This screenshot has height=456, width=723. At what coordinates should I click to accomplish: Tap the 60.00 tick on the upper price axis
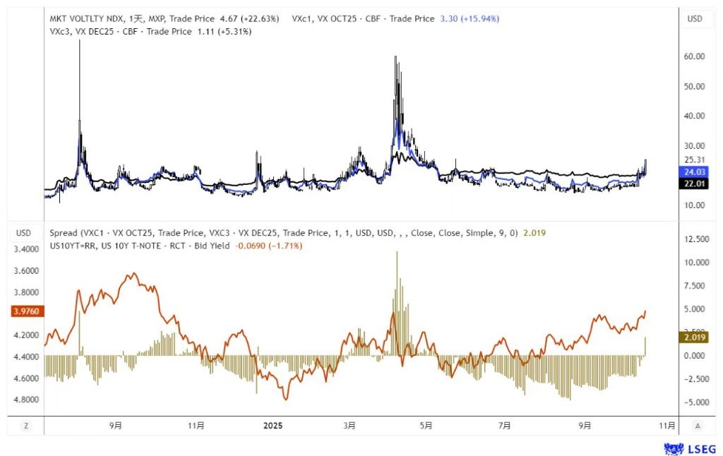[x=695, y=57]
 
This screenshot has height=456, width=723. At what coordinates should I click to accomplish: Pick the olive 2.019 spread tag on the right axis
[x=695, y=337]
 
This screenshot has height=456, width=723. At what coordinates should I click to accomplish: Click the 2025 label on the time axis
[x=273, y=426]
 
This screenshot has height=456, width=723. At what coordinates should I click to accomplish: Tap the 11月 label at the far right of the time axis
[x=667, y=426]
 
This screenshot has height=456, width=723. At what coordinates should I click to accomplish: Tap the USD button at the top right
[x=695, y=18]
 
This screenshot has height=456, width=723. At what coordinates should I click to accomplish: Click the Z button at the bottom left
[x=25, y=426]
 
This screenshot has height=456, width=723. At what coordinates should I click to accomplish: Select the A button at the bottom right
[x=697, y=426]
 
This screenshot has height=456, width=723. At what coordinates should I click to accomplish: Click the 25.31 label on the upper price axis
[x=695, y=160]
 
